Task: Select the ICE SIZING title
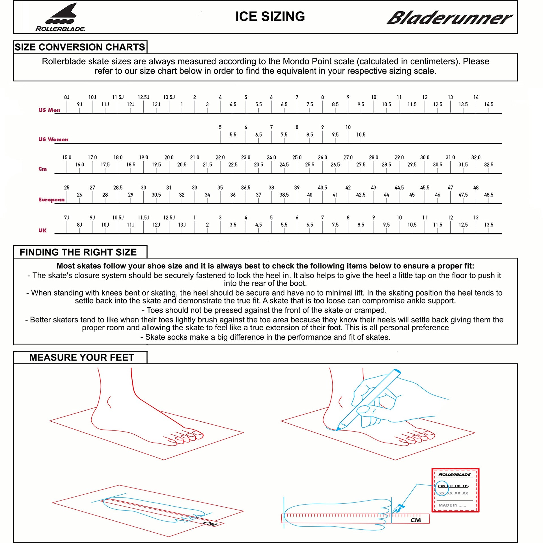[x=270, y=16]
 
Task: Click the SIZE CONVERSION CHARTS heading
[x=80, y=47]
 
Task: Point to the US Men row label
[x=49, y=110]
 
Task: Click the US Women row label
[x=53, y=139]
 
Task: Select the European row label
[x=51, y=200]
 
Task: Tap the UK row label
[x=42, y=230]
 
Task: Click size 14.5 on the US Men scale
[x=488, y=104]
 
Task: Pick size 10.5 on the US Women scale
[x=361, y=135]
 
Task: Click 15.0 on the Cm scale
[x=67, y=158]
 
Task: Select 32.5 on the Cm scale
[x=488, y=165]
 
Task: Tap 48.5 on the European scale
[x=488, y=195]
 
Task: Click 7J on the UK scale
[x=67, y=217]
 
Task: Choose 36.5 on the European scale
[x=245, y=188]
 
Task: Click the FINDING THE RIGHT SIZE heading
[x=78, y=252]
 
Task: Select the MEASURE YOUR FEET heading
[x=81, y=357]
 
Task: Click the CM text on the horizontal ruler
[x=415, y=520]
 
